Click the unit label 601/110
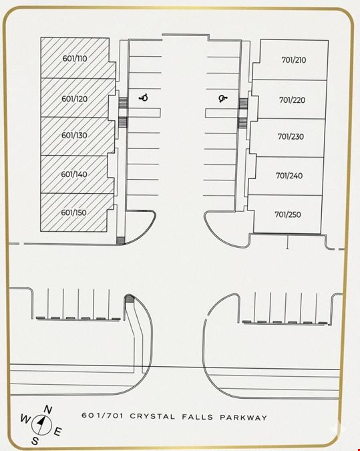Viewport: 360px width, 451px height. click(x=75, y=59)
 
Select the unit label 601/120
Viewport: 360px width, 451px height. click(x=75, y=99)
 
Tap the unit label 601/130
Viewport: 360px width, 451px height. click(x=74, y=135)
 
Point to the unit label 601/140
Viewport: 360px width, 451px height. click(x=74, y=174)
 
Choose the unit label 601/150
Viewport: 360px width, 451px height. click(x=74, y=212)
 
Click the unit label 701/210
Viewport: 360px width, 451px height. click(x=294, y=60)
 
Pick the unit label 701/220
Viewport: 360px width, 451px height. click(x=293, y=100)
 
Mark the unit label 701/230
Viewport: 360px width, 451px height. click(x=291, y=136)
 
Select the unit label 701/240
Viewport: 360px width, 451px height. click(x=289, y=176)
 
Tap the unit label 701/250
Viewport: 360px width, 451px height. click(x=288, y=214)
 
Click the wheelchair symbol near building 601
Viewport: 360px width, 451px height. click(x=144, y=98)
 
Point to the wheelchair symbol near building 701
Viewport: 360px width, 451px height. click(x=223, y=99)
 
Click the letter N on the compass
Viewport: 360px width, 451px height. click(x=47, y=410)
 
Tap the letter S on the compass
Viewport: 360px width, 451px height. click(x=35, y=441)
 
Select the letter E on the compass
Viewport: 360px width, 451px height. click(x=58, y=432)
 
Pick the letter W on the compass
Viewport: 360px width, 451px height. click(x=25, y=419)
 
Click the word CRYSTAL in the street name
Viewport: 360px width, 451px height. click(x=152, y=416)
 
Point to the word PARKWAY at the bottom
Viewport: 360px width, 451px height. click(x=244, y=418)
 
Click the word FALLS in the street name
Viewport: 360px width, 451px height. click(x=198, y=417)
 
